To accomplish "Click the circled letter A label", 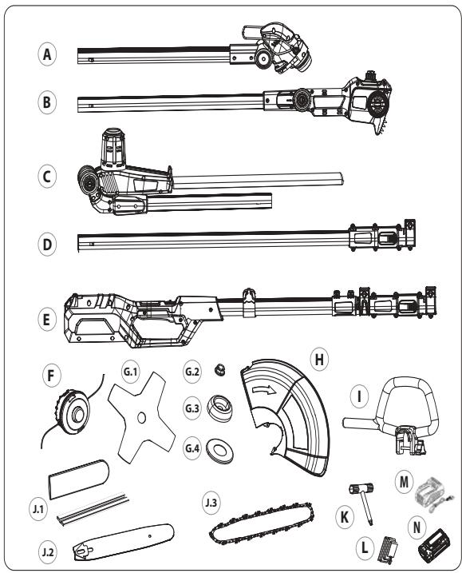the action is tap(47, 54).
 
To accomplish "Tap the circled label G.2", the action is tap(192, 372).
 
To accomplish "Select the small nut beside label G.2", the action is tap(220, 371).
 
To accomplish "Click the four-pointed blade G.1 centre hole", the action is tap(141, 417).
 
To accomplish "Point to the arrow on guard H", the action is tap(266, 390).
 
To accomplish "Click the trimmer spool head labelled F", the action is tap(73, 412).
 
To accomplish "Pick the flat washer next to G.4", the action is tap(217, 449).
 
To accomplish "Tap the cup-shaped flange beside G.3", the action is tap(219, 408).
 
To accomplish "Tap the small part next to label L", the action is tap(389, 549).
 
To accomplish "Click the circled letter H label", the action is tap(319, 360).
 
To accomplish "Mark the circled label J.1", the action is tap(38, 509).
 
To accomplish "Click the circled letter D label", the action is tap(47, 244).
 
